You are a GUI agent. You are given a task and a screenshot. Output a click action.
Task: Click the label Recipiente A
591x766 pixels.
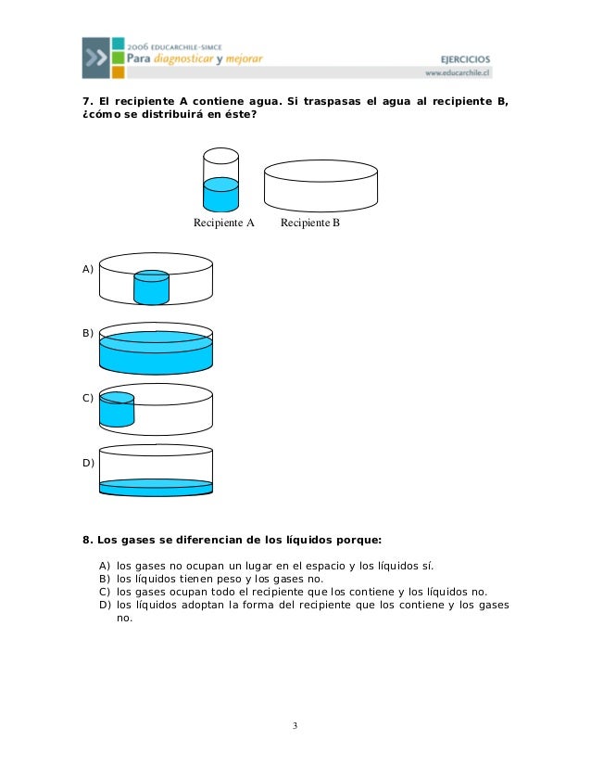pyautogui.click(x=223, y=223)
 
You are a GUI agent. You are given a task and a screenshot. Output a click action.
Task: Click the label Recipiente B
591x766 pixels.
pyautogui.click(x=310, y=223)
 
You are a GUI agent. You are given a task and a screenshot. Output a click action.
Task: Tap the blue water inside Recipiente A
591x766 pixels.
pyautogui.click(x=220, y=196)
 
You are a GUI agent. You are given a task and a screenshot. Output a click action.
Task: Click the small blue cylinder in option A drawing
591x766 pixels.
pyautogui.click(x=151, y=287)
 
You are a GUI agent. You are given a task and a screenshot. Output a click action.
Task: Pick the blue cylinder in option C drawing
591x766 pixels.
pyautogui.click(x=117, y=409)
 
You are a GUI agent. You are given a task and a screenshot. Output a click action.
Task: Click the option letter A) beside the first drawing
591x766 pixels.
pyautogui.click(x=88, y=269)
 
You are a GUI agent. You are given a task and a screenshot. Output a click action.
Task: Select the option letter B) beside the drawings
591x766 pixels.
pyautogui.click(x=88, y=331)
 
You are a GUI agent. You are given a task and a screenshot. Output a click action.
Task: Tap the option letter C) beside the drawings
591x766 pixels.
pyautogui.click(x=88, y=398)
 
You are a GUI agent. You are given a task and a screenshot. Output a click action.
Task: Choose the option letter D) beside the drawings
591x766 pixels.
pyautogui.click(x=88, y=461)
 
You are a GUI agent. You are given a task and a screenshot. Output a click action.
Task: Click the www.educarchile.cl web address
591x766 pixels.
pyautogui.click(x=458, y=72)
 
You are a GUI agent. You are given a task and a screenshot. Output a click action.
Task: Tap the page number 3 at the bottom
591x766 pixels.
pyautogui.click(x=295, y=724)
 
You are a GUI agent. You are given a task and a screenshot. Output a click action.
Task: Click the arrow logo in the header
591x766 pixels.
pyautogui.click(x=95, y=57)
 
